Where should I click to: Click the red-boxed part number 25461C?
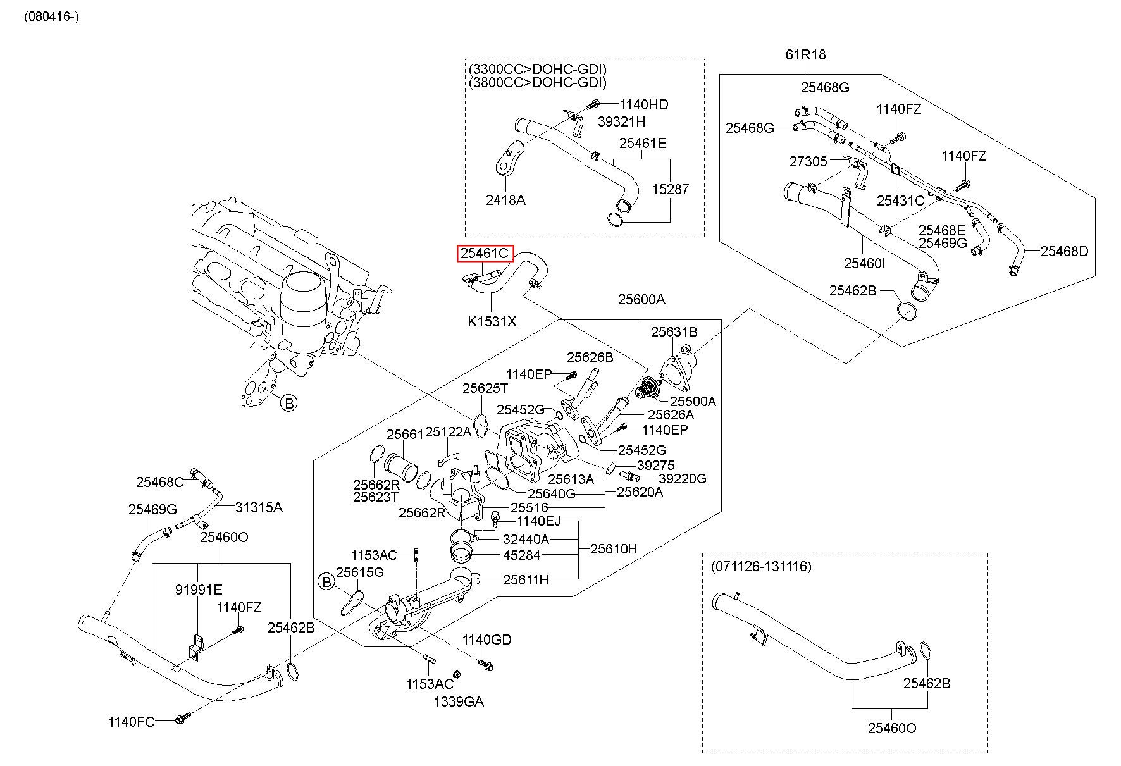point(485,254)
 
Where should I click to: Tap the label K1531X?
point(492,321)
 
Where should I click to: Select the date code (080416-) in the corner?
point(52,16)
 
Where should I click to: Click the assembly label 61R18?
point(805,54)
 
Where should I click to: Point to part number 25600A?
point(641,299)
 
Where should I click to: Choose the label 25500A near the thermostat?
point(693,401)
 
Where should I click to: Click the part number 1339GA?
point(459,701)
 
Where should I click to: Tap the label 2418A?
point(505,200)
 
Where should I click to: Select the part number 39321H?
point(622,121)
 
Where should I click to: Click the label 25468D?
point(1065,251)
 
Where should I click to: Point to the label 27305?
point(808,161)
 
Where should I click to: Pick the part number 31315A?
point(259,507)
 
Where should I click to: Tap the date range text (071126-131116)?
point(761,565)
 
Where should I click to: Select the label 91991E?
point(199,590)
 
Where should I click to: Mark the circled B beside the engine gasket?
point(288,402)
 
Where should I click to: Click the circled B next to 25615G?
point(326,581)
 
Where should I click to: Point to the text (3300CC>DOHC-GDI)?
point(538,69)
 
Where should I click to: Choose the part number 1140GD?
point(486,639)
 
